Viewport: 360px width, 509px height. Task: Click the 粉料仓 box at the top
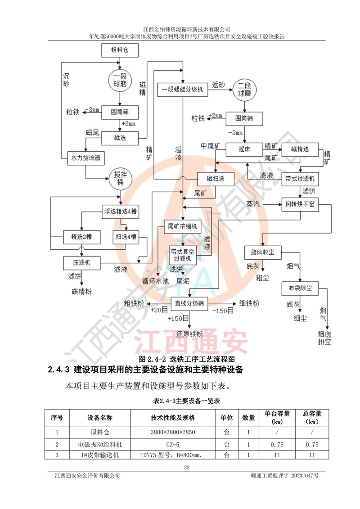click(x=119, y=51)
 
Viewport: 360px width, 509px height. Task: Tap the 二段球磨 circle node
click(x=243, y=90)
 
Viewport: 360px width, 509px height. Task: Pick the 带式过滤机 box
click(x=300, y=179)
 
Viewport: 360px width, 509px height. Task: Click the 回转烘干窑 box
click(x=300, y=205)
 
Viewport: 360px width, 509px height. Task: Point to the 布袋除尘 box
click(x=300, y=287)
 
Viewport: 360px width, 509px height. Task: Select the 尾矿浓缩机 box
click(x=182, y=226)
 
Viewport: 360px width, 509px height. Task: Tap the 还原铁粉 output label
click(x=189, y=334)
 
